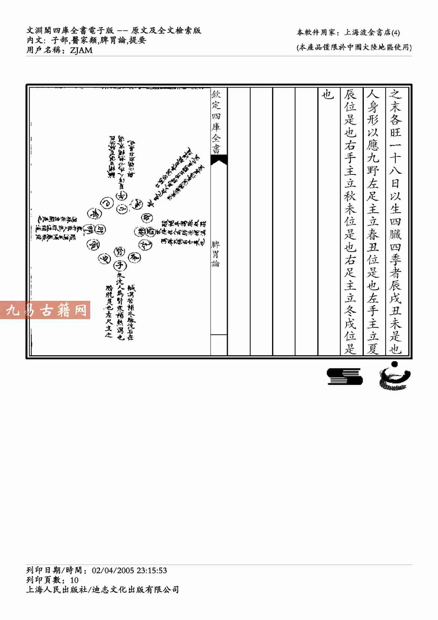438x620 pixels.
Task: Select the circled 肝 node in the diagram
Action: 100,230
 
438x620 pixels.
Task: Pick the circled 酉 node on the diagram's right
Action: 150,231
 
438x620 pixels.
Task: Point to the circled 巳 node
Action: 106,203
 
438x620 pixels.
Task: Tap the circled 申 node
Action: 146,218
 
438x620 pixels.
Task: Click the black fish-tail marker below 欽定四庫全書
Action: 219,160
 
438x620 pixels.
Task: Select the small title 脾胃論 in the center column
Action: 216,254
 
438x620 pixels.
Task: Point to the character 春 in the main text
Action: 373,234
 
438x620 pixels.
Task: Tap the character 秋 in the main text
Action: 350,196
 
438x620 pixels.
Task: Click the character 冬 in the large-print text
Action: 350,311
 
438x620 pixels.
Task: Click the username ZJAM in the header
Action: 81,50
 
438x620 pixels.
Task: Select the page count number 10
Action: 74,580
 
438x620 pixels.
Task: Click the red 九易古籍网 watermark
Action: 45,310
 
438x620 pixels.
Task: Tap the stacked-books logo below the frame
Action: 344,376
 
